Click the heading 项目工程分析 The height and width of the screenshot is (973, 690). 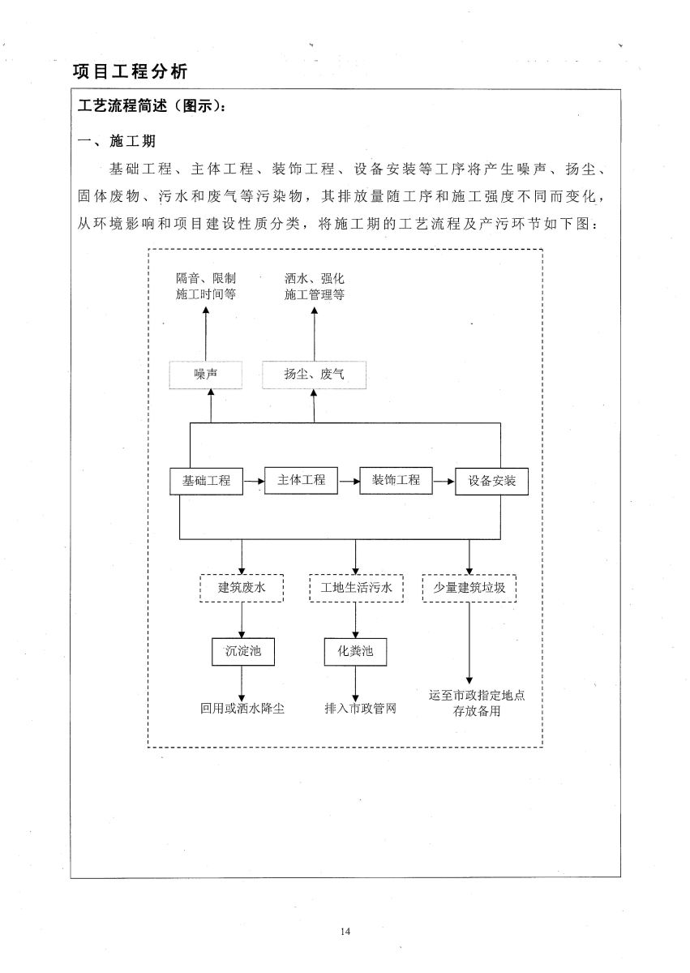pyautogui.click(x=131, y=71)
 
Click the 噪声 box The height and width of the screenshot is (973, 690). pyautogui.click(x=206, y=375)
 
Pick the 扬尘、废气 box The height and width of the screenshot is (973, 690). pyautogui.click(x=314, y=375)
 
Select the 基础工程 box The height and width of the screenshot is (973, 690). pyautogui.click(x=206, y=480)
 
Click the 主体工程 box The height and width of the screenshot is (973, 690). pyautogui.click(x=302, y=479)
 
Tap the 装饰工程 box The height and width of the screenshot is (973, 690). pyautogui.click(x=396, y=479)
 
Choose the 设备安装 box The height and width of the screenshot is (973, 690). pyautogui.click(x=492, y=481)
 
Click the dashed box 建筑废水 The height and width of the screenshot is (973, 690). pyautogui.click(x=242, y=588)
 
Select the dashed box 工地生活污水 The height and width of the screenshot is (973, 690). pyautogui.click(x=356, y=588)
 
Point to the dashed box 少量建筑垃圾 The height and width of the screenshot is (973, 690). pyautogui.click(x=470, y=588)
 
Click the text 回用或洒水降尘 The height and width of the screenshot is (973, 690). pyautogui.click(x=242, y=708)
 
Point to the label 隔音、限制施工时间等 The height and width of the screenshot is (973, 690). pyautogui.click(x=206, y=286)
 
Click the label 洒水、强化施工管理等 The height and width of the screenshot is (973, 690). pyautogui.click(x=315, y=286)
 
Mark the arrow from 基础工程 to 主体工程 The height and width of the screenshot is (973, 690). pyautogui.click(x=254, y=481)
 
